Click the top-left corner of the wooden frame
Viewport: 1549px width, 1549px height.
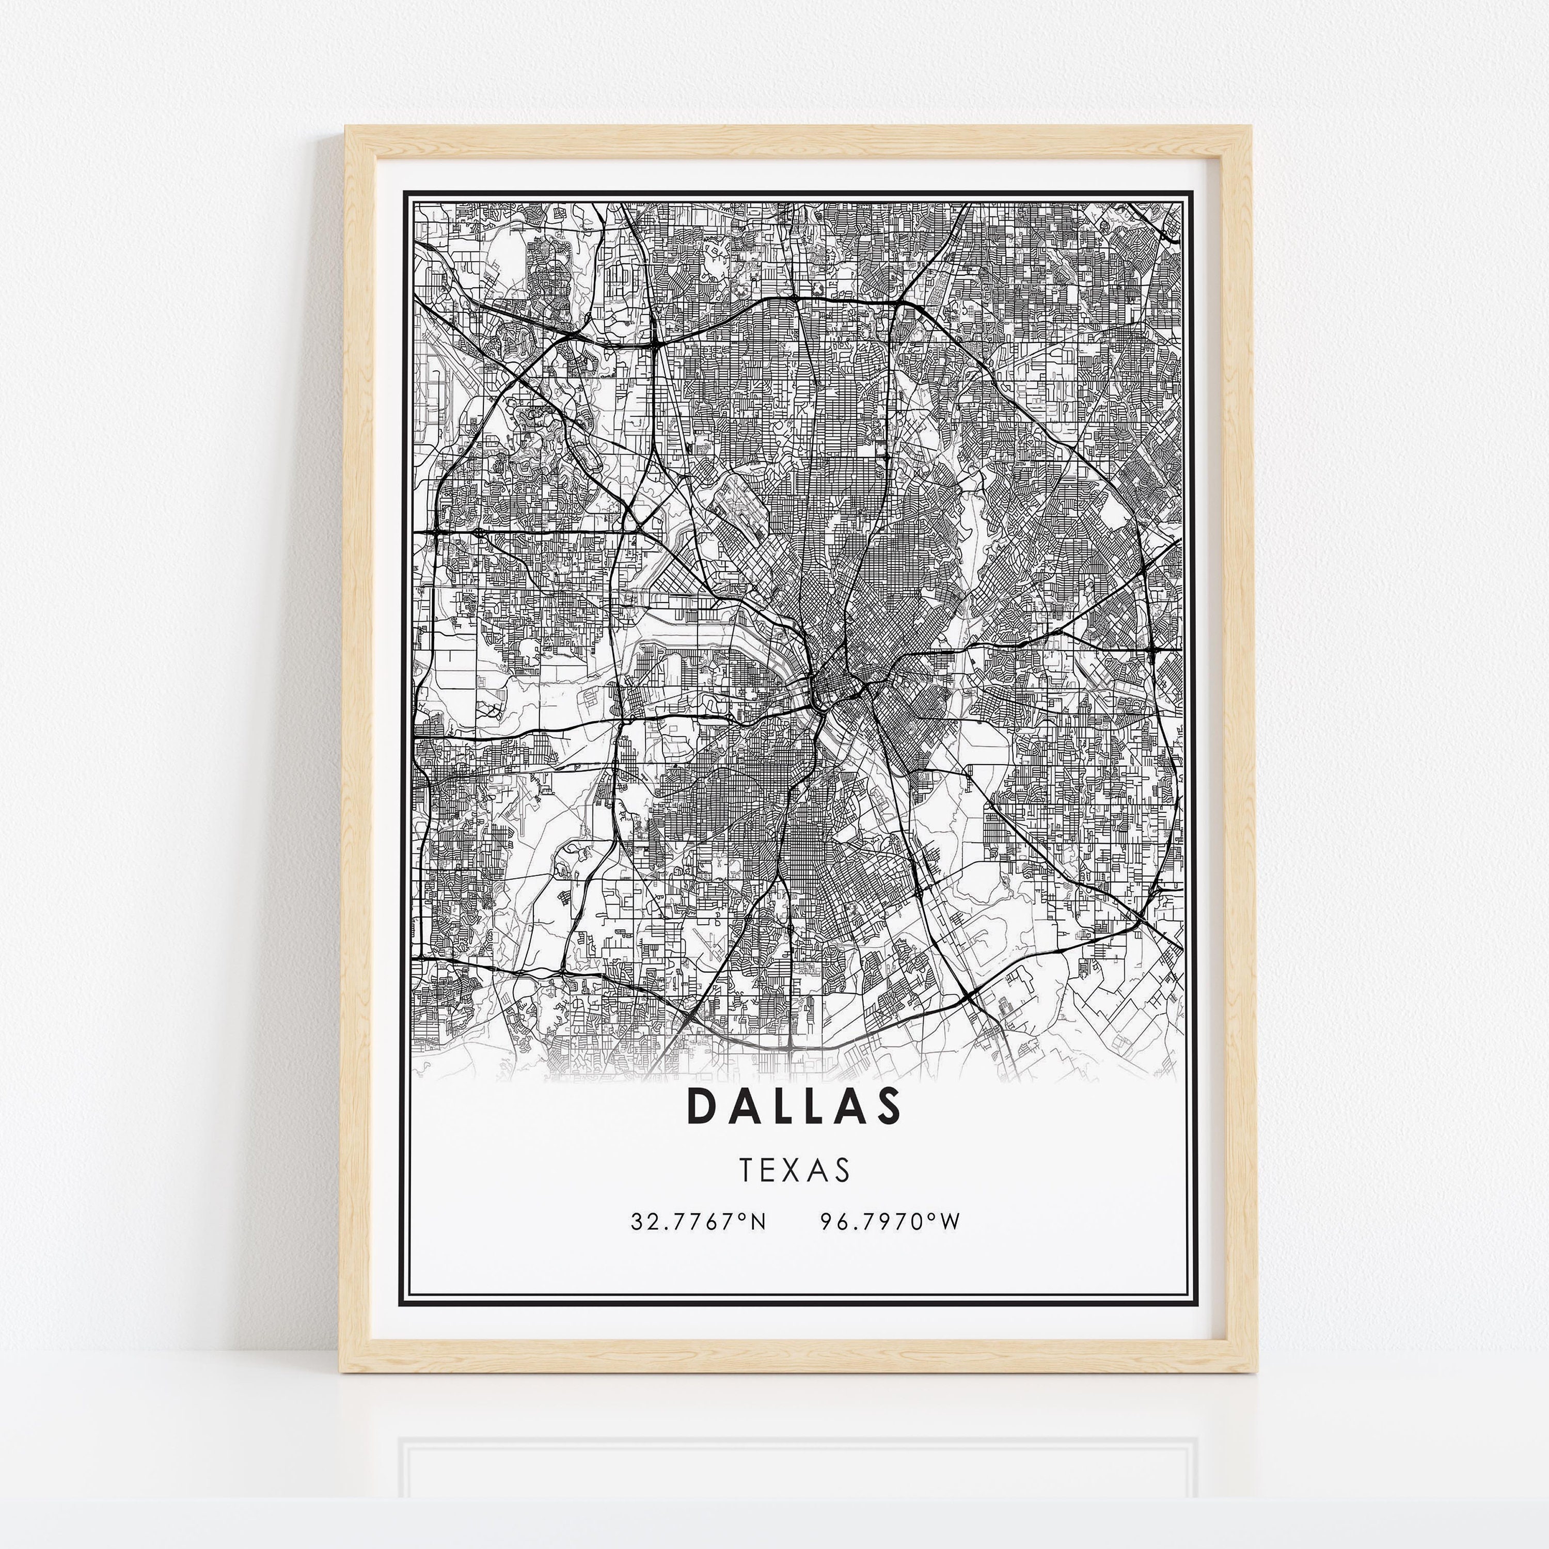346,127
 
